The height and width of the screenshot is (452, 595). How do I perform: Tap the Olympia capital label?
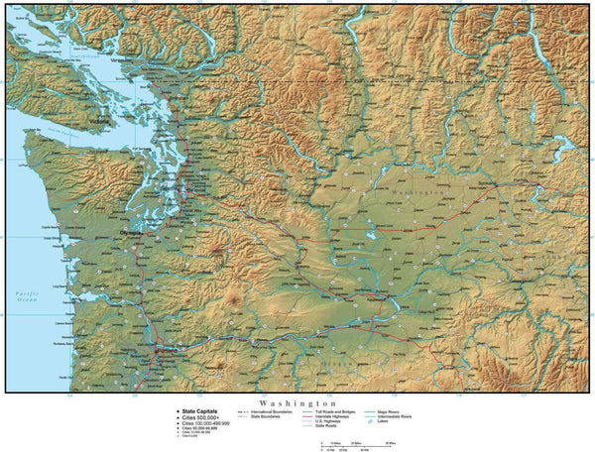(x=131, y=232)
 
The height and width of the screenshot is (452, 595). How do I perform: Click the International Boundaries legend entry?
(x=274, y=411)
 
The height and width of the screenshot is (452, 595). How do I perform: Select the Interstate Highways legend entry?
(x=343, y=416)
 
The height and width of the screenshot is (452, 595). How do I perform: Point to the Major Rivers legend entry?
(x=410, y=411)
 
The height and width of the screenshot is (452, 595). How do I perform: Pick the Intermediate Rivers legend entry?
(x=415, y=417)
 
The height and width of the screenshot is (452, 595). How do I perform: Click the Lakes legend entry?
(x=405, y=423)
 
